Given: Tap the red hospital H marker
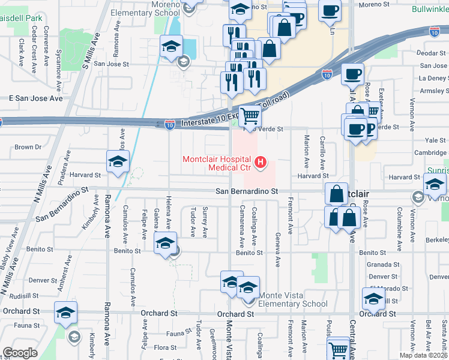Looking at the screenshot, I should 261,162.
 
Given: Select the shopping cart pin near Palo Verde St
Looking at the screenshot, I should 250,116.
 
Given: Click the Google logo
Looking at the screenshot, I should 20,353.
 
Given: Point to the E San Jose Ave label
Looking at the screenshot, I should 35,98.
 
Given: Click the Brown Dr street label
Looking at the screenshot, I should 28,147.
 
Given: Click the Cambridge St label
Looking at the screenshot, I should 431,153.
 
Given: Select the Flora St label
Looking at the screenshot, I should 165,347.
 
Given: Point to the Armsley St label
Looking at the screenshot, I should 433,91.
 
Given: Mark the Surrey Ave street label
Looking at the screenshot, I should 205,222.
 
